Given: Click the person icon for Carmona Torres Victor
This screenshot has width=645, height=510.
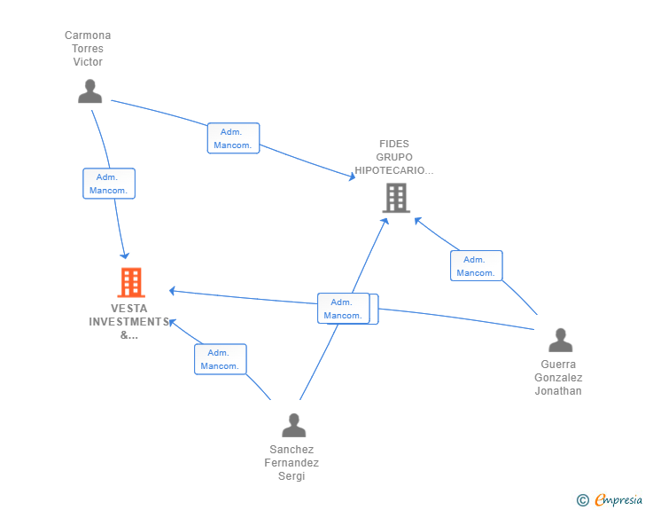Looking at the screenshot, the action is coord(89,91).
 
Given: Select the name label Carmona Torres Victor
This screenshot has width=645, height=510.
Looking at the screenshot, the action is coord(88,48).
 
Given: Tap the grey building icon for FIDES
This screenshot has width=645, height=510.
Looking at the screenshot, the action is coord(396,198).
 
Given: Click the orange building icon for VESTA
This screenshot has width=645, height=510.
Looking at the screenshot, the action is coord(131,283).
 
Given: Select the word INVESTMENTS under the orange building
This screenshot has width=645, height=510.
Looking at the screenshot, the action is coord(129,322).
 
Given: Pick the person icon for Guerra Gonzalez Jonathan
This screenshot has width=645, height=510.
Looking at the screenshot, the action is coord(560,340).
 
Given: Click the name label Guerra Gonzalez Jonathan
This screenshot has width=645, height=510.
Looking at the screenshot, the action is coord(558,377).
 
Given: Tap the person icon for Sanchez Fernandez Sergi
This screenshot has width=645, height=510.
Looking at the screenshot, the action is coord(294,425).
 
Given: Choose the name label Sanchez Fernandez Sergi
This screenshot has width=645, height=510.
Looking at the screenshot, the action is coord(291,463).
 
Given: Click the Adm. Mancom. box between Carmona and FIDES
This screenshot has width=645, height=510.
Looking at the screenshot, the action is coord(233,138).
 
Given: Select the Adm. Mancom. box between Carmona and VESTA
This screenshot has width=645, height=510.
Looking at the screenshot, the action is coord(109,184).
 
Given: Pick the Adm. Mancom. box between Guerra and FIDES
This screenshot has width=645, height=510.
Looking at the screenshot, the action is coord(477,266).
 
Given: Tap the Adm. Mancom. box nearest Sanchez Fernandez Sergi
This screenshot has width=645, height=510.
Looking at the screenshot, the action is coord(221,359).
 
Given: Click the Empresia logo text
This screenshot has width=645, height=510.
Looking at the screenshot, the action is coord(618,500).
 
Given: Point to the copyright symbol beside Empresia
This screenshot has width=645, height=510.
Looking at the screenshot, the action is coord(582,500).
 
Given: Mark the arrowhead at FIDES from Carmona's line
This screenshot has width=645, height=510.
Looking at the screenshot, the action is coord(353,177).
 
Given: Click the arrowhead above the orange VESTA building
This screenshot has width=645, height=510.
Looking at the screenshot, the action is coord(125,255).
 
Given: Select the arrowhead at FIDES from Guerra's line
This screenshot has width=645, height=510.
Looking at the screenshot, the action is coord(417,220).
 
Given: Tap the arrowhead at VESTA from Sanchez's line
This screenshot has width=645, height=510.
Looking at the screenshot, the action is coord(173,322).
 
